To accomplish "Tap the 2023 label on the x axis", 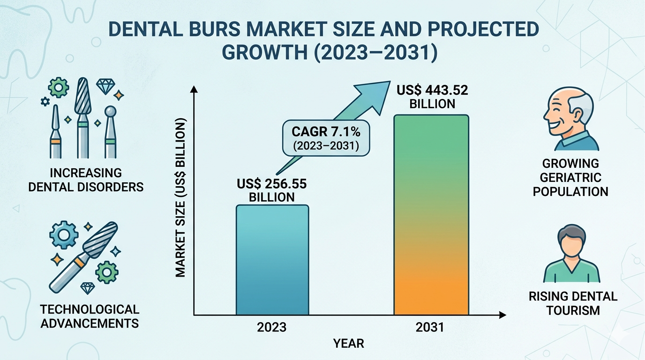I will point(272,327).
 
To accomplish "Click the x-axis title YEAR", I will point(348,344).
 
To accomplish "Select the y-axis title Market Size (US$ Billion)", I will point(180,197).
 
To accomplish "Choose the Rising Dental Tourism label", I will point(573,303).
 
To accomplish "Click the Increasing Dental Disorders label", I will point(86,180).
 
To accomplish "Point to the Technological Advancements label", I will point(90,316).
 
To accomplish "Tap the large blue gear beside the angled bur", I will point(62,234).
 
